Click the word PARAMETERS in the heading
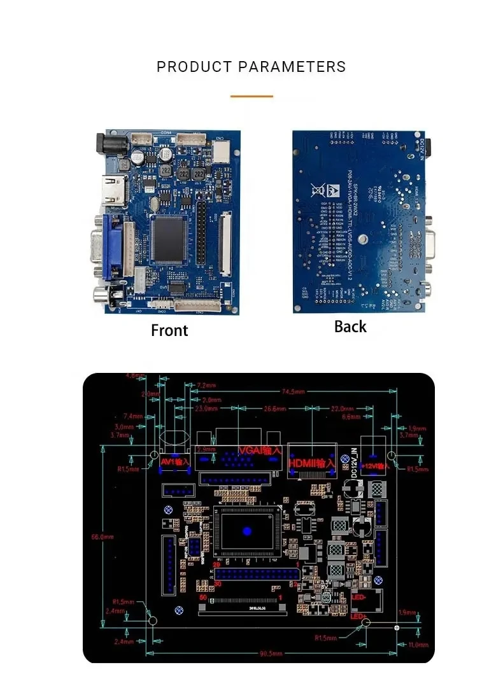tap(292, 67)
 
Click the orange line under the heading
tap(251, 96)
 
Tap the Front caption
tap(169, 330)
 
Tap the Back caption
tap(350, 326)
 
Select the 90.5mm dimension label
tap(268, 654)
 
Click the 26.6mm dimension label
tap(274, 409)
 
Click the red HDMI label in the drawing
tap(312, 463)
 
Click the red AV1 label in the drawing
tap(175, 461)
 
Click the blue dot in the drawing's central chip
tap(247, 531)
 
